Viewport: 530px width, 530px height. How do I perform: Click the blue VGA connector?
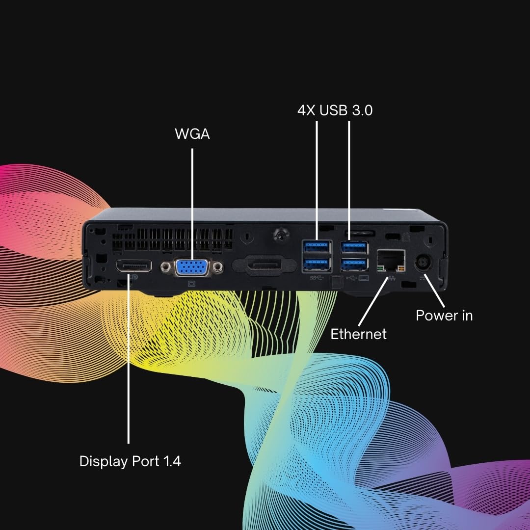tap(192, 267)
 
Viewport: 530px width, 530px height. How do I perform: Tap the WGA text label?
tap(192, 134)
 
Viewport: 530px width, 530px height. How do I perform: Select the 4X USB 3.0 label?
tap(335, 110)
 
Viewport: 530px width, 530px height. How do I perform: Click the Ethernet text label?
tap(358, 334)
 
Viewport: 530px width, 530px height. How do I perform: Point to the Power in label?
tap(444, 316)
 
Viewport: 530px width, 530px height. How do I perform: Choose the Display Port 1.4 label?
tap(130, 461)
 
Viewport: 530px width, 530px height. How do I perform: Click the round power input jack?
tap(423, 262)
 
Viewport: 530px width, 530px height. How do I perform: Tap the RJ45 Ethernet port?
tap(391, 261)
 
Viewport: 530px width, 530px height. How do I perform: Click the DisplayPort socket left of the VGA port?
tap(133, 266)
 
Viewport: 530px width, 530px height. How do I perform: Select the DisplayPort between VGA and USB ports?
tap(265, 264)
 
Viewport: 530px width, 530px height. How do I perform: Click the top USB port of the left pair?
tap(317, 247)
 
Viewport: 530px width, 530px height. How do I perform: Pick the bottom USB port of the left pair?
tap(317, 265)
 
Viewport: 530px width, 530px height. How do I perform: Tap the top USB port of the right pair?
tap(354, 248)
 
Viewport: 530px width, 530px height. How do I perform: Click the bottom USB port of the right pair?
tap(354, 265)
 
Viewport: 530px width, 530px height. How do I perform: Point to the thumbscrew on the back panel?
tap(281, 234)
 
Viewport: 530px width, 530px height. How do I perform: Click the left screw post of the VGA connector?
tap(166, 267)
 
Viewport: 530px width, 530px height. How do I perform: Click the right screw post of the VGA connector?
tap(218, 267)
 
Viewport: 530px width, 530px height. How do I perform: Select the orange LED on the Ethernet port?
tap(401, 269)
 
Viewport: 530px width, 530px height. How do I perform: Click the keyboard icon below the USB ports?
tap(363, 278)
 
